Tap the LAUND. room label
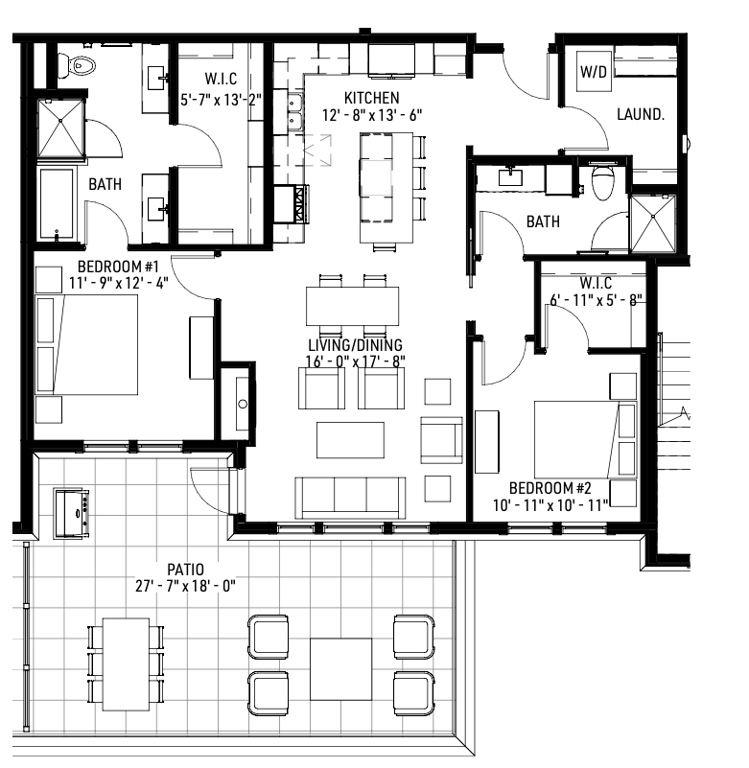click(641, 114)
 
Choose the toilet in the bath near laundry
click(602, 181)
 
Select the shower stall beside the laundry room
click(652, 222)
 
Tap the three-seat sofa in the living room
click(349, 497)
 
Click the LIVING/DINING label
click(355, 345)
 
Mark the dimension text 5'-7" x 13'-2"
click(222, 98)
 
